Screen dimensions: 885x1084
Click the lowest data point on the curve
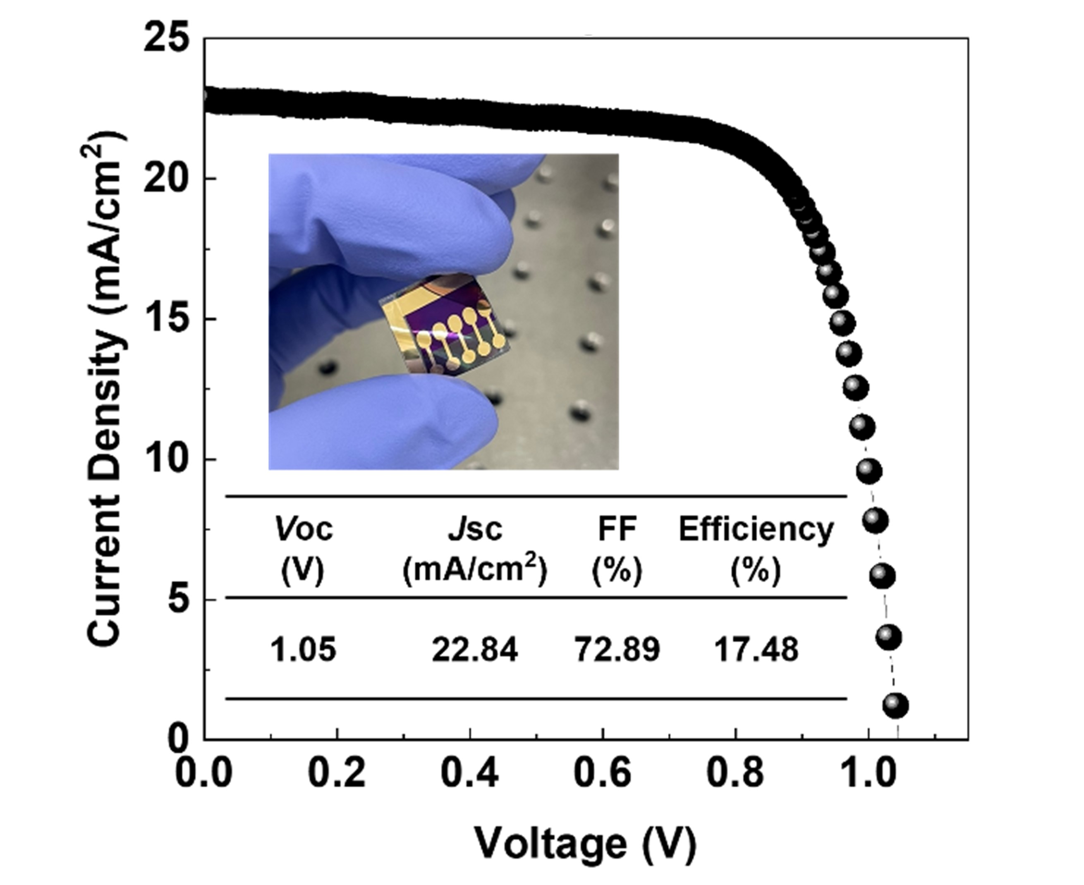[x=896, y=706]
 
